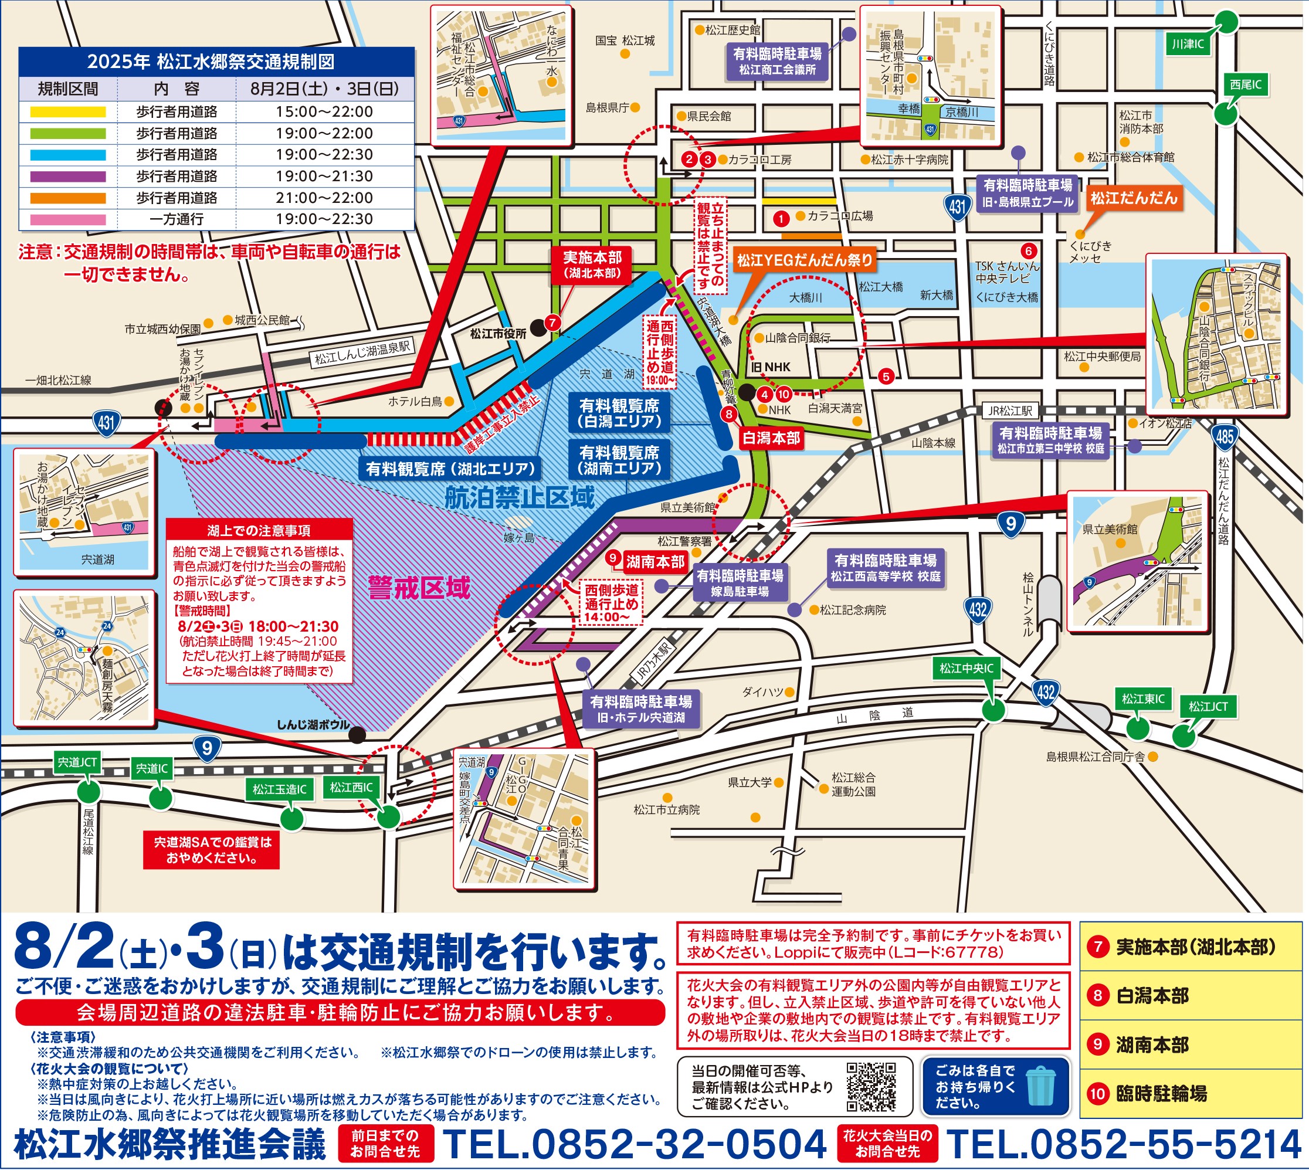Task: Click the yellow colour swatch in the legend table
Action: (x=67, y=112)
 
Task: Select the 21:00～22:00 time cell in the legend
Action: (x=324, y=198)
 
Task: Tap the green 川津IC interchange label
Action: (x=1187, y=45)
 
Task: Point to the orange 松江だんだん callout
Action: (x=1134, y=198)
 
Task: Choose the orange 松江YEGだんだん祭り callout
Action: (x=804, y=260)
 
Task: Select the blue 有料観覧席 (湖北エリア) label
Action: (x=450, y=469)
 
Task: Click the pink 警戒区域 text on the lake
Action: (x=419, y=588)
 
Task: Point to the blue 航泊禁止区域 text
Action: (x=520, y=497)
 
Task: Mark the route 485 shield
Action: (x=1224, y=437)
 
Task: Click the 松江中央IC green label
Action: (x=967, y=669)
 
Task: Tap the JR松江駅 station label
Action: (x=1010, y=411)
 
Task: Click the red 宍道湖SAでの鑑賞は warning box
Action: (x=212, y=850)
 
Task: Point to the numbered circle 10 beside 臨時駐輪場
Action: (x=1097, y=1094)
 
